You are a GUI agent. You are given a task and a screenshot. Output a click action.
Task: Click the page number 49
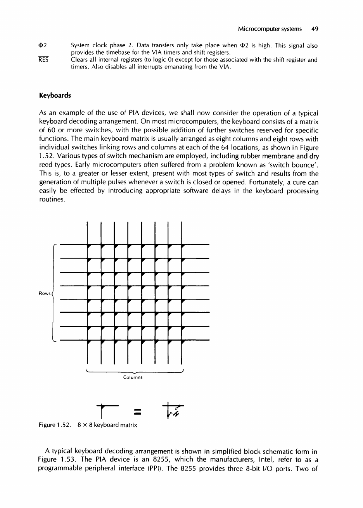[x=315, y=29]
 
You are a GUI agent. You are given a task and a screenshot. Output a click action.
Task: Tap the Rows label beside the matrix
[x=45, y=293]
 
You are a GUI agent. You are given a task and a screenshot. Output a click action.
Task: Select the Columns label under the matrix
[x=133, y=377]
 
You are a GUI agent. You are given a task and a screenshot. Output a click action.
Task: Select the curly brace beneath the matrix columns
[x=134, y=372]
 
